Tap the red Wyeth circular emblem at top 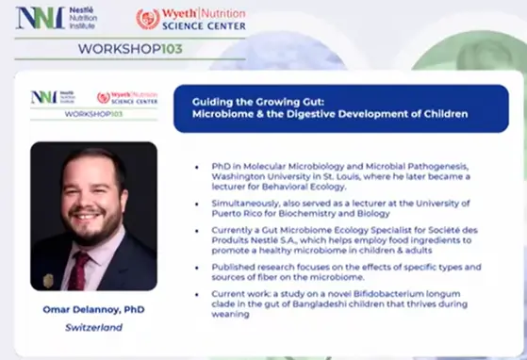tap(148, 18)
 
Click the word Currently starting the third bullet tap(236, 228)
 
